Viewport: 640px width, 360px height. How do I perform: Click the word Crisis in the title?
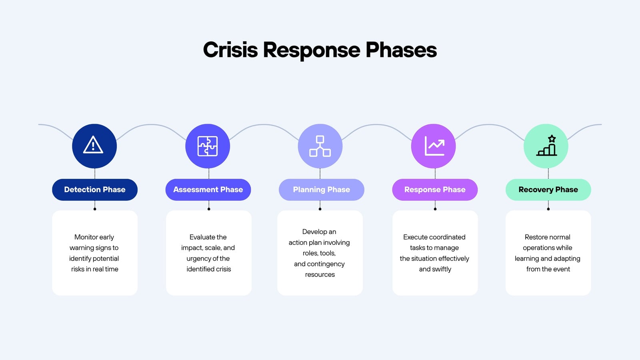pos(230,50)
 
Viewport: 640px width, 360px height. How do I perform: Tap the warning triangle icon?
pos(93,145)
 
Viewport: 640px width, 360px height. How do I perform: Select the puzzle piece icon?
pos(208,146)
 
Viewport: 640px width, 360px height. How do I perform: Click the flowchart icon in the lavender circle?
pos(320,146)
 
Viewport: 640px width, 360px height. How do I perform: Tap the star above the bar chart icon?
pos(552,138)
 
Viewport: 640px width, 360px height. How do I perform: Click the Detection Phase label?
pos(94,190)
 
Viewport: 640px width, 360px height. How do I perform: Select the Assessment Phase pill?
pos(208,190)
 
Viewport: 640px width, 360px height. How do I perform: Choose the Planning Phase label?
pos(322,190)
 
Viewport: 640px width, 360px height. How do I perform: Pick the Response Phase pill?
pos(435,190)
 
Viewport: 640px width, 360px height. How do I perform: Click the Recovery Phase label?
pos(548,190)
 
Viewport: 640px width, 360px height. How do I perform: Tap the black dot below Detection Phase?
pos(95,209)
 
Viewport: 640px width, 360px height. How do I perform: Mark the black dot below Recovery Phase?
pos(548,209)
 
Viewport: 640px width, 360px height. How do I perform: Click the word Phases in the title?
pos(401,50)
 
